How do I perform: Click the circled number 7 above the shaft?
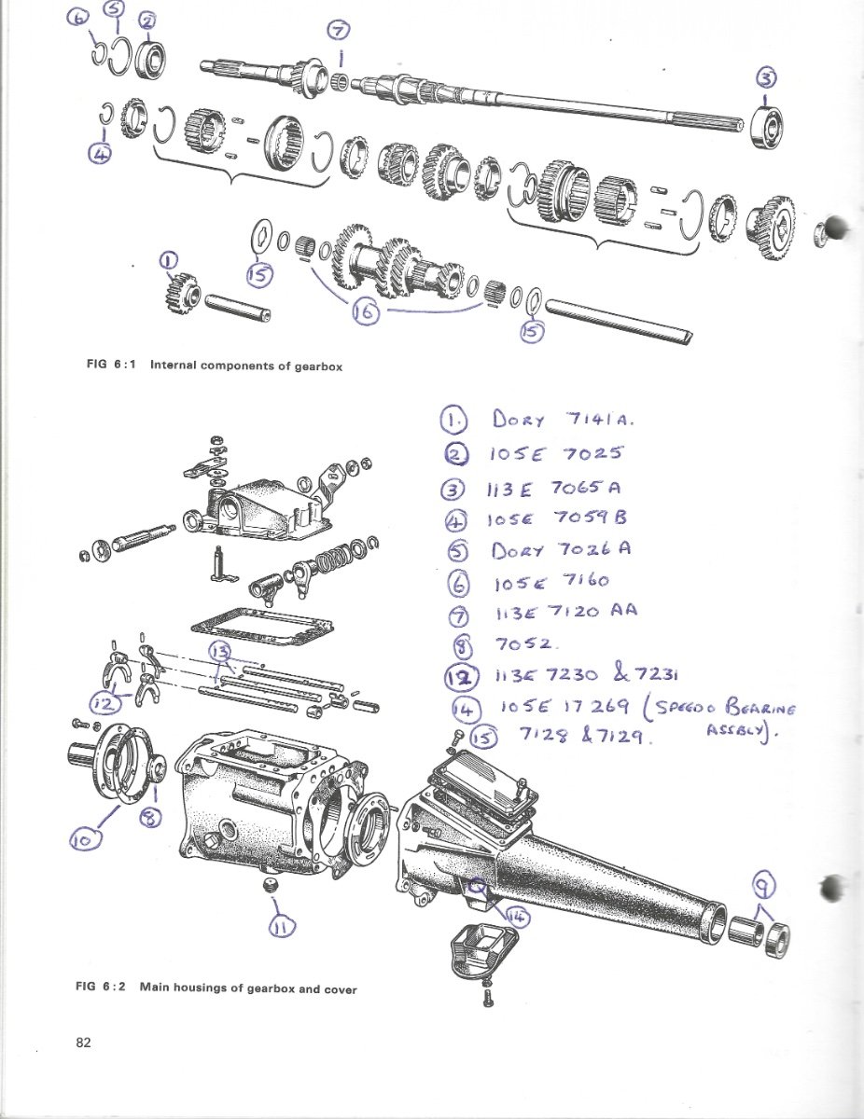338,31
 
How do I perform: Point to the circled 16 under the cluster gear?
366,314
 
